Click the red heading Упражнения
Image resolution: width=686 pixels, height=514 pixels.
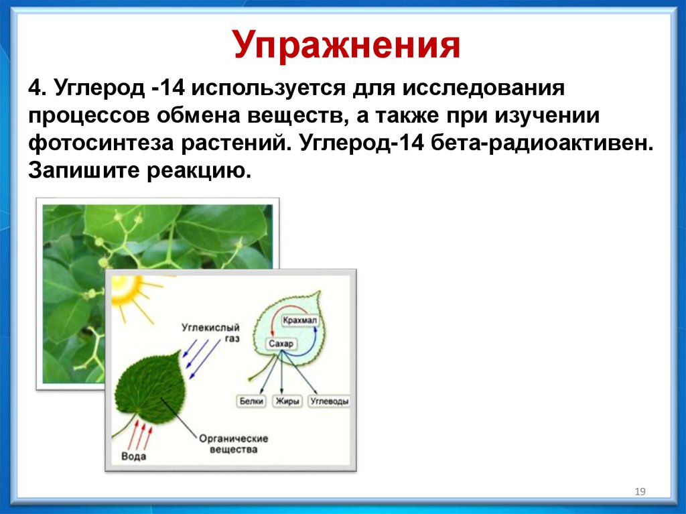point(346,46)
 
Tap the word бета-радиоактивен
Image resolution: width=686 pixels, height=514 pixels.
point(542,143)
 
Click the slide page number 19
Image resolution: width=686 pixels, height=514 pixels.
point(640,492)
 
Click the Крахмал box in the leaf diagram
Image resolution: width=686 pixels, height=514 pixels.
point(299,320)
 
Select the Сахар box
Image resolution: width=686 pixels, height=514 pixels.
point(281,344)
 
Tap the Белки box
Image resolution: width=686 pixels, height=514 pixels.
point(251,401)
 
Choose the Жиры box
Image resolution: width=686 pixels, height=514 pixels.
point(287,401)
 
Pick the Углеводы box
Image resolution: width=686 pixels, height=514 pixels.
point(329,401)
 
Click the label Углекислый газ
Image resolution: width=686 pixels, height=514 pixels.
point(211,332)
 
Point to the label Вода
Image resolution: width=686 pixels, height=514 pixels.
point(133,456)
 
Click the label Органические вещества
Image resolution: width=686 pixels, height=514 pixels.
point(233,444)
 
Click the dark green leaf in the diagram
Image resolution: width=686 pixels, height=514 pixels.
point(149,387)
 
